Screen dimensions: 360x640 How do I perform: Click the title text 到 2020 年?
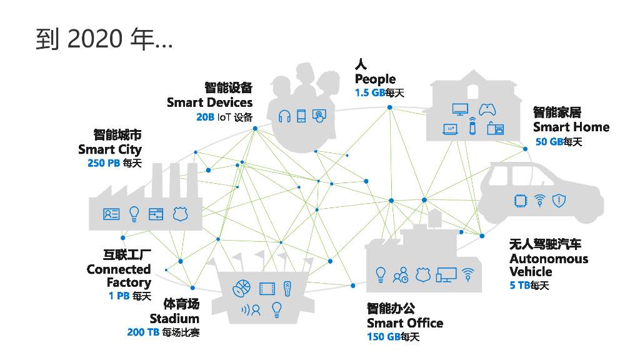point(104,39)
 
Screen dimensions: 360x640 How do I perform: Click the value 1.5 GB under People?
point(369,92)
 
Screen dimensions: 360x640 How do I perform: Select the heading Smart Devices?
point(209,102)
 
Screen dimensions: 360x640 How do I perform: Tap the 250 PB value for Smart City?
point(104,164)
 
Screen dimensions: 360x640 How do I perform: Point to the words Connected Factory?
point(119,276)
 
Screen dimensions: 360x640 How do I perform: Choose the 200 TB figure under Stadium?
point(143,332)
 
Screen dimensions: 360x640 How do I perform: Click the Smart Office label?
point(405,323)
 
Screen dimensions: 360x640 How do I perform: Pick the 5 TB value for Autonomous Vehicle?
point(519,286)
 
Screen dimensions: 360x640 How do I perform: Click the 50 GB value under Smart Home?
point(549,142)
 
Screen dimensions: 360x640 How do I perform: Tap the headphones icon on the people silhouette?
point(285,116)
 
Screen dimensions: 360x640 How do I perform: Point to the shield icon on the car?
point(559,201)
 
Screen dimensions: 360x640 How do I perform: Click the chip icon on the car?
point(519,201)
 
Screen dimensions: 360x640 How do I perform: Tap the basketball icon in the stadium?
point(241,289)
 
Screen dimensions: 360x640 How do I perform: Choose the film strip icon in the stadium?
point(267,289)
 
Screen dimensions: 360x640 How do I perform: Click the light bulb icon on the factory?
point(134,214)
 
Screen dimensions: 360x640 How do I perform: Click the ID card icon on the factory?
point(111,214)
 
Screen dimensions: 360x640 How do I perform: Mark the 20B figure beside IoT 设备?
point(206,117)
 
